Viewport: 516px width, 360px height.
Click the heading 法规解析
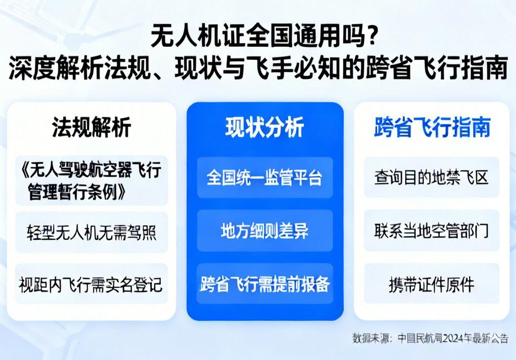[91, 128]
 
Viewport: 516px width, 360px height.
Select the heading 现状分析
[265, 128]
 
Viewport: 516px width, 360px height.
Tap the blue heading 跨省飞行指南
[432, 128]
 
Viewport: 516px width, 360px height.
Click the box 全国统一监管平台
[265, 177]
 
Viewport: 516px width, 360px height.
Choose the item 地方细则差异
[265, 230]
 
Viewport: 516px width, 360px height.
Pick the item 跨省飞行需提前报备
[265, 284]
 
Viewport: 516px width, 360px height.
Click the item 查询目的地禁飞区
[431, 177]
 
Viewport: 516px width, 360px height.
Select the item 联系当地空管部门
[431, 230]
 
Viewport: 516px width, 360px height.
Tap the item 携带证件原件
[431, 284]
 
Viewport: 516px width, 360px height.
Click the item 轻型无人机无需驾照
[91, 232]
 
